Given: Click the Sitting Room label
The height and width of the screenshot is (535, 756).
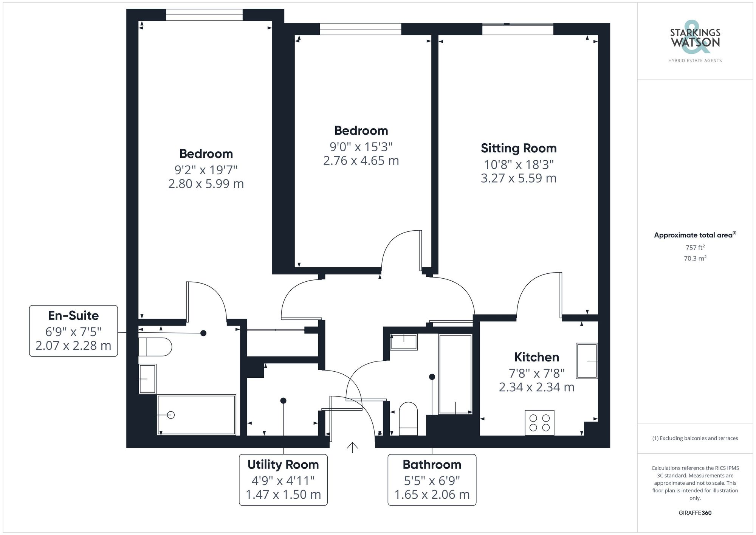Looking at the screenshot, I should pos(519,148).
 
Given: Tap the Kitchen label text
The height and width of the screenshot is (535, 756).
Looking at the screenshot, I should pos(536,357).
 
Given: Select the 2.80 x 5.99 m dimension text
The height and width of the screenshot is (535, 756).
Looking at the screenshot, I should pos(206,184).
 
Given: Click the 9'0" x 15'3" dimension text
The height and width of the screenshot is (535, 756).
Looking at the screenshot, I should pos(361,146).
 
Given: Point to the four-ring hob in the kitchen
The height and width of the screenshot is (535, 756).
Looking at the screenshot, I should pos(539,423).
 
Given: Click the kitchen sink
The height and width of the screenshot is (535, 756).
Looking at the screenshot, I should pos(587,361).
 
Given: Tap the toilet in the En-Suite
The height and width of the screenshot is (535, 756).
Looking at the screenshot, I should pos(155,347).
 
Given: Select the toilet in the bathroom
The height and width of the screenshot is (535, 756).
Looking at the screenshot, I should pos(408,419).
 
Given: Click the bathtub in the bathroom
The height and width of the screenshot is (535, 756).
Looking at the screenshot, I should pos(455,374).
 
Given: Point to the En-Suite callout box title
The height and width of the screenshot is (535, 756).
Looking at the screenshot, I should pos(73,315).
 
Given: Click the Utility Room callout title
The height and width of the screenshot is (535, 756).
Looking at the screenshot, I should pos(283,464).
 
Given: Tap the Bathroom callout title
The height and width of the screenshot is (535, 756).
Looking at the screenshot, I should pos(432,464).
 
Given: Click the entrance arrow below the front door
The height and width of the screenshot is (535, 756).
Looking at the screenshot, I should pos(352,447).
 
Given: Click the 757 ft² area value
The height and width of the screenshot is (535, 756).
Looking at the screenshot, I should pos(695,248).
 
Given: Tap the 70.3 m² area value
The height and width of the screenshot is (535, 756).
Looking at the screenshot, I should pos(695,259).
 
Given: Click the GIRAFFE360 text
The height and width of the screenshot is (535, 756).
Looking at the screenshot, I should pos(695,513).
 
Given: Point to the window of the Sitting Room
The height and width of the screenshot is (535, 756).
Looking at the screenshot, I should pos(517,29).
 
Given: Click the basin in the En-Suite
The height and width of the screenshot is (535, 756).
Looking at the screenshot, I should pos(147,378).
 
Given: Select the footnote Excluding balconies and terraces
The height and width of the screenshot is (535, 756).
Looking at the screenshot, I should pos(695,438).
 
